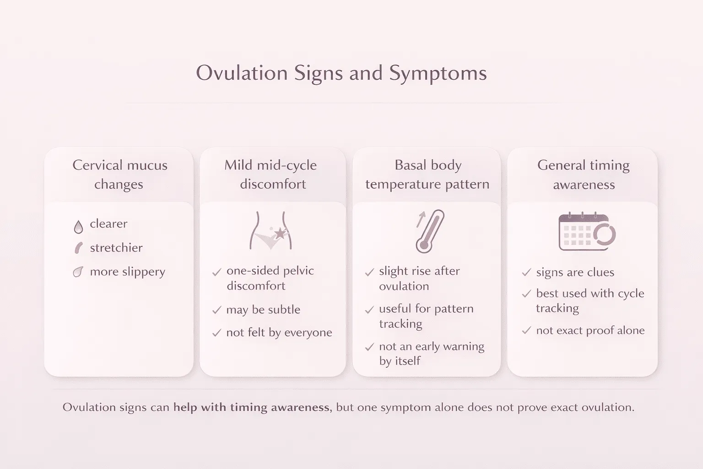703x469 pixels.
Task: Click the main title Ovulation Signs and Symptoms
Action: pyautogui.click(x=341, y=73)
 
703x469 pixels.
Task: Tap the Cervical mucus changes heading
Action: pyautogui.click(x=119, y=175)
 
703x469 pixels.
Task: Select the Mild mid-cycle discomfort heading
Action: pyautogui.click(x=271, y=175)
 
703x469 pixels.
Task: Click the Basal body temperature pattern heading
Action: pyautogui.click(x=427, y=175)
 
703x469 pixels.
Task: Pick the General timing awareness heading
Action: pyautogui.click(x=584, y=175)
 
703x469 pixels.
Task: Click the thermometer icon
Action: pyautogui.click(x=430, y=231)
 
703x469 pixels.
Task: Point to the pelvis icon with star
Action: pyautogui.click(x=271, y=231)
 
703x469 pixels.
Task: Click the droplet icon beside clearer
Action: pyautogui.click(x=78, y=226)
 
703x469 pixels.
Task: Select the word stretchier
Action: pyautogui.click(x=116, y=248)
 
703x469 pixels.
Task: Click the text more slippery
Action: pyautogui.click(x=127, y=272)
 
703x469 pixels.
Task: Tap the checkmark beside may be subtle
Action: pyautogui.click(x=217, y=311)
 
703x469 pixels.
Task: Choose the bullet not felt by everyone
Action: pyautogui.click(x=279, y=333)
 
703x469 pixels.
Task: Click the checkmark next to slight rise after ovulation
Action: pyautogui.click(x=369, y=273)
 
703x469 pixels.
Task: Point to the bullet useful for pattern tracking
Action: pyautogui.click(x=426, y=316)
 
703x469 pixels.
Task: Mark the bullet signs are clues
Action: pyautogui.click(x=575, y=273)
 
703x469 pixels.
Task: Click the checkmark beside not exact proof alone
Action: pyautogui.click(x=526, y=331)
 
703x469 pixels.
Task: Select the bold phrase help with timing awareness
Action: pyautogui.click(x=251, y=407)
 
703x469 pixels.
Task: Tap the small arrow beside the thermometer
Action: pyautogui.click(x=420, y=219)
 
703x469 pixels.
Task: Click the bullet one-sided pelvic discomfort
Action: pyautogui.click(x=270, y=278)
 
